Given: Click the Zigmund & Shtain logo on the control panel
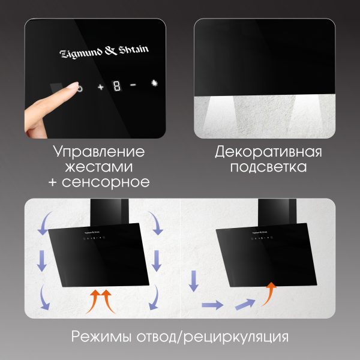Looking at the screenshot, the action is [104, 52].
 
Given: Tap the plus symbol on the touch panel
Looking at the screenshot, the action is [101, 87].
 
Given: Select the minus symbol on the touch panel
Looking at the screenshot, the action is [133, 85].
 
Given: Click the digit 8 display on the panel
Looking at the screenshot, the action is [117, 86].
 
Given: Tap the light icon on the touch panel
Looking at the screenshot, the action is [155, 83].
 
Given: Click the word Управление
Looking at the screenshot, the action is [99, 152].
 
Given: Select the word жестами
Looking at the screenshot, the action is [99, 167].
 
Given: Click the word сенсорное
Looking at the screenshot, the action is [106, 182].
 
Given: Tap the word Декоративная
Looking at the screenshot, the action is [268, 152].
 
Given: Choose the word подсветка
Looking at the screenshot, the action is [268, 167].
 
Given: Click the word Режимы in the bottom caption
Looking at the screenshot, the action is [101, 337].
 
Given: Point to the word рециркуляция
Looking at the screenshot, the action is [236, 337].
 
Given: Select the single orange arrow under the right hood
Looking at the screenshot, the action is [269, 294].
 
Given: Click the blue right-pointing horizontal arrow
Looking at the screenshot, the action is [212, 305].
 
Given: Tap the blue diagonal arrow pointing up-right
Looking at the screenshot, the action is [245, 304].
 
